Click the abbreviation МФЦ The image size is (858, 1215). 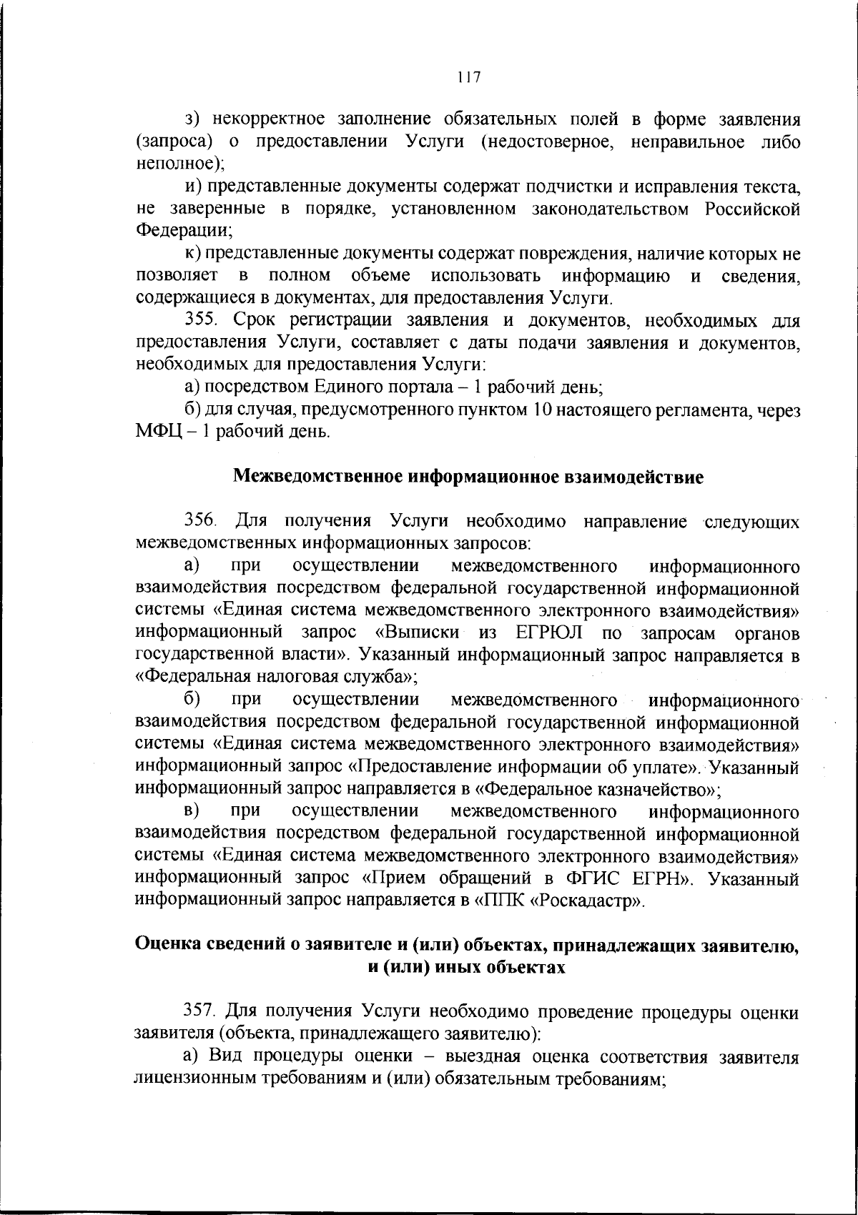156,432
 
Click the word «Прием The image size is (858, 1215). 393,878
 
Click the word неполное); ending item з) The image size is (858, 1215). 181,164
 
